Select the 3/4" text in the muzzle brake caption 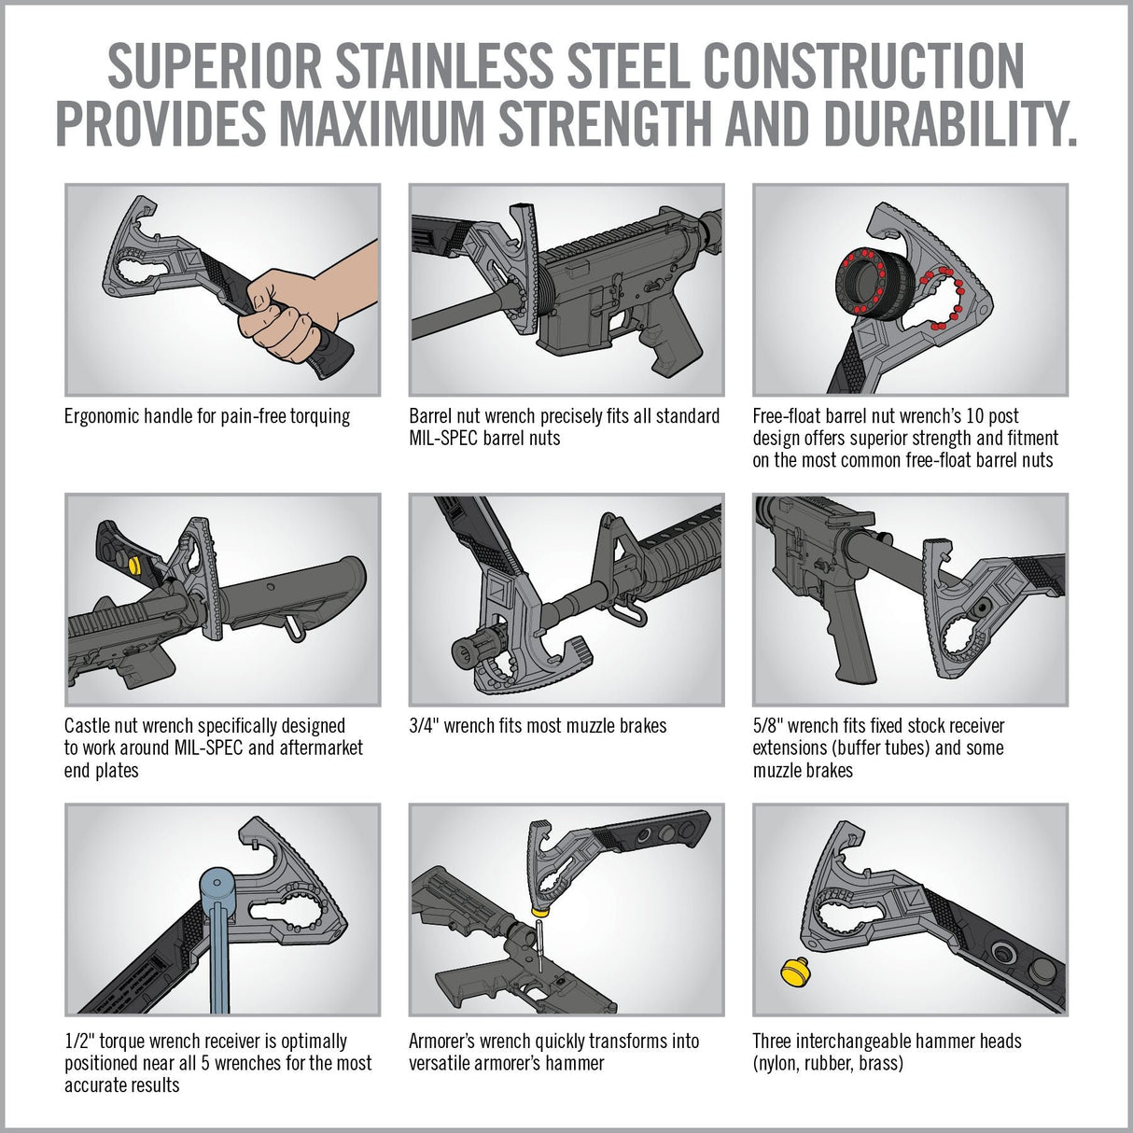422,725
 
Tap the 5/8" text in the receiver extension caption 766,725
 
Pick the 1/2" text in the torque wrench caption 77,1042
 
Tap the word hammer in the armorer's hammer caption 575,1063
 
